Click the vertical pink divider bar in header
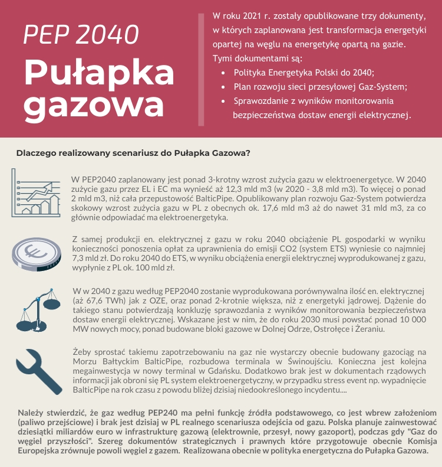pos(201,68)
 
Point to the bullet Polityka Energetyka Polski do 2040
pos(304,73)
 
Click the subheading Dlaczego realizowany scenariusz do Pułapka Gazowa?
pos(133,154)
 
